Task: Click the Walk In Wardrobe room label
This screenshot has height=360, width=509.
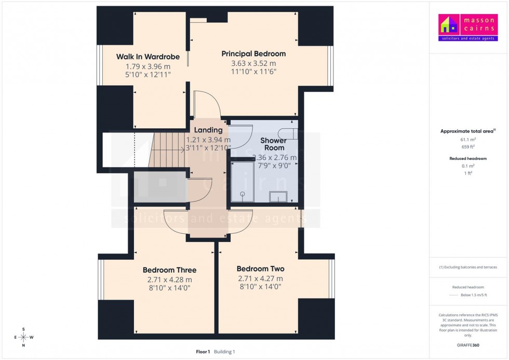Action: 148,57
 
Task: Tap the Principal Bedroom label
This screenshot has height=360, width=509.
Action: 253,54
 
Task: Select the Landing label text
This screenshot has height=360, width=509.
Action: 208,130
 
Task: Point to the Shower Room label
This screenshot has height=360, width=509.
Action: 273,144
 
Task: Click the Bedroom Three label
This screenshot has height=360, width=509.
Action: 169,270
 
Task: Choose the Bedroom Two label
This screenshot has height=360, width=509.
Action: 260,269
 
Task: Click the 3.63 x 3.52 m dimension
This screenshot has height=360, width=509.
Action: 253,63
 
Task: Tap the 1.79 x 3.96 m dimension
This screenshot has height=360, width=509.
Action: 148,66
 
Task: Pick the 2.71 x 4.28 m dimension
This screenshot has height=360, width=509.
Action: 169,279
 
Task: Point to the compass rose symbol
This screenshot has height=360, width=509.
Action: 23,337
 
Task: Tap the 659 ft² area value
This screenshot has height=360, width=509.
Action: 468,147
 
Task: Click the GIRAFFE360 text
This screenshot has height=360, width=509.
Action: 468,345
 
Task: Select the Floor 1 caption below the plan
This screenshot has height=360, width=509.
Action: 203,352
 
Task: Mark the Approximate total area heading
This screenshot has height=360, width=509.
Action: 467,131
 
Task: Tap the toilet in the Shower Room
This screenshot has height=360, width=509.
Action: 287,134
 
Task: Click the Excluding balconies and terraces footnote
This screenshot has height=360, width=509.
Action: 468,267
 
